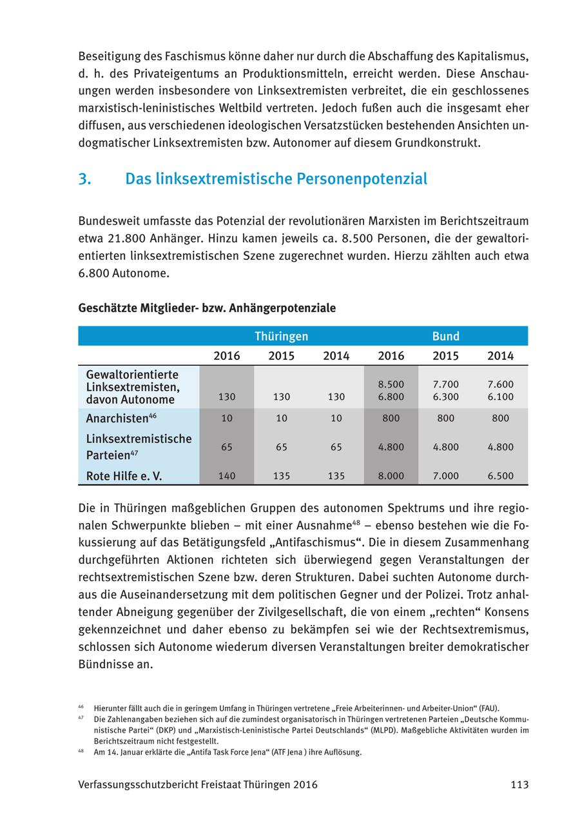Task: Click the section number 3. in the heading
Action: (x=84, y=179)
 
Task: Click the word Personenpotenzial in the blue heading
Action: (x=362, y=179)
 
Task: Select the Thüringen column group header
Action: (x=281, y=336)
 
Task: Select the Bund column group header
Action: (x=445, y=336)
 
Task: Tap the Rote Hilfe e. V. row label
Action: (x=124, y=476)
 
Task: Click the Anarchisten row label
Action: (x=117, y=418)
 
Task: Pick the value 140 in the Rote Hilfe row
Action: (x=227, y=476)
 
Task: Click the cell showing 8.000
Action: (x=391, y=476)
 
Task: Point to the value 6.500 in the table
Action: (x=500, y=476)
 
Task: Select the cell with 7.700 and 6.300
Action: (x=445, y=390)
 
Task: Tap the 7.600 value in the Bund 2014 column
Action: (x=500, y=384)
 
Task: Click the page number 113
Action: (x=519, y=785)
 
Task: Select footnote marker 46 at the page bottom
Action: (x=81, y=707)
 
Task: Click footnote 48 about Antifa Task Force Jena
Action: (x=226, y=752)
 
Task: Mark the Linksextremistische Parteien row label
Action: (x=138, y=446)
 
